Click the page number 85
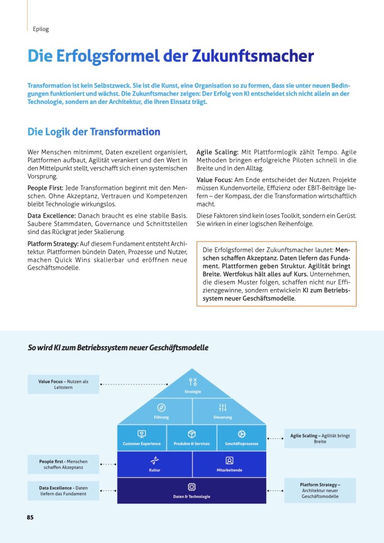[30, 517]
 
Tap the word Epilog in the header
[41, 29]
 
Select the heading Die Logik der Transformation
[94, 132]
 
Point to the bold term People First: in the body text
[45, 188]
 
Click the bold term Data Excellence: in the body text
[51, 216]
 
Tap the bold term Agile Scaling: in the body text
[217, 152]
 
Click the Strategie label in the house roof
[193, 392]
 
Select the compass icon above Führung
[161, 407]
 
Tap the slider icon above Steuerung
[223, 407]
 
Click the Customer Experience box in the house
[142, 438]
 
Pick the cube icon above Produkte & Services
[192, 434]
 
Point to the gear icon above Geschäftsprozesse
[241, 434]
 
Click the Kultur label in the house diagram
[155, 470]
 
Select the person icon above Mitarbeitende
[229, 460]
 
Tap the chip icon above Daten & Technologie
[191, 487]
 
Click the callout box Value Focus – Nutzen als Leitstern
[63, 384]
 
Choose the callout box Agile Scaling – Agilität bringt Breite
[320, 438]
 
